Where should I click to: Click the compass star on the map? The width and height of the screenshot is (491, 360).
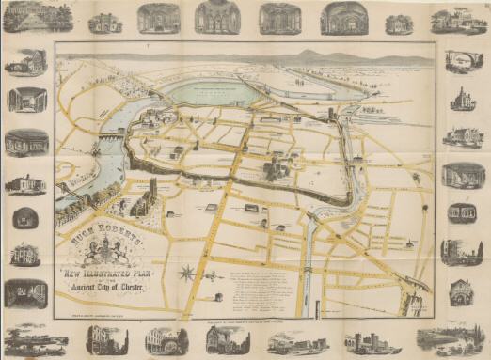tap(187, 274)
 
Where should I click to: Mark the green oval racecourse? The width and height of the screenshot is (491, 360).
tap(212, 92)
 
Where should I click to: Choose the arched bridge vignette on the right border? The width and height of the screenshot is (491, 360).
tap(464, 62)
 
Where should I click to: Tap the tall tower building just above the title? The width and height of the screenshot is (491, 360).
tap(151, 193)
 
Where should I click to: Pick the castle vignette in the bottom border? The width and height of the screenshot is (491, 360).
tap(363, 340)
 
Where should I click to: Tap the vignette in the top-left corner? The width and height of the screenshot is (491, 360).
tap(36, 16)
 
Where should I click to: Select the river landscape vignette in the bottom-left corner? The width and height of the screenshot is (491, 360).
tap(36, 339)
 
